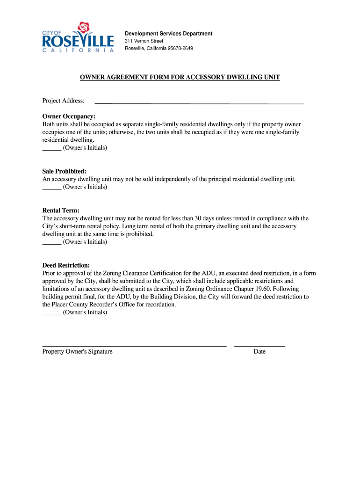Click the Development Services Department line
[x=168, y=34]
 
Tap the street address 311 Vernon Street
[x=144, y=41]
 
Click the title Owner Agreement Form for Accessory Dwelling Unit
[x=180, y=77]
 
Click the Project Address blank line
[x=199, y=102]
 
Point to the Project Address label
[x=64, y=101]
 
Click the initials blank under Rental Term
[x=51, y=243]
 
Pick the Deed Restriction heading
[x=66, y=265]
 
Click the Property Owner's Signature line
[x=134, y=345]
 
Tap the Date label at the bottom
[x=259, y=352]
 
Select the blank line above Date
[x=259, y=345]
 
